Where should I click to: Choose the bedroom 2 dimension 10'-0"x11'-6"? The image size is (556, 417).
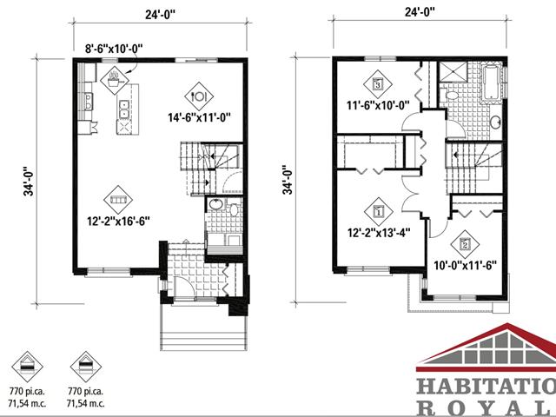[x=464, y=264]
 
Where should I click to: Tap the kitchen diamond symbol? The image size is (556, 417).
[x=116, y=79]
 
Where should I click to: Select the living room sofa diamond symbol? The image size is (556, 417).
[x=118, y=199]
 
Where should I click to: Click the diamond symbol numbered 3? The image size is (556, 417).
[x=378, y=84]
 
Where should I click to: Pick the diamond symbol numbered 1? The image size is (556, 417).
[x=378, y=210]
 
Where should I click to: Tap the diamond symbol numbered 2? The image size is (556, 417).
[x=465, y=244]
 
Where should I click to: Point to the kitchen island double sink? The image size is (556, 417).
[x=125, y=109]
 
